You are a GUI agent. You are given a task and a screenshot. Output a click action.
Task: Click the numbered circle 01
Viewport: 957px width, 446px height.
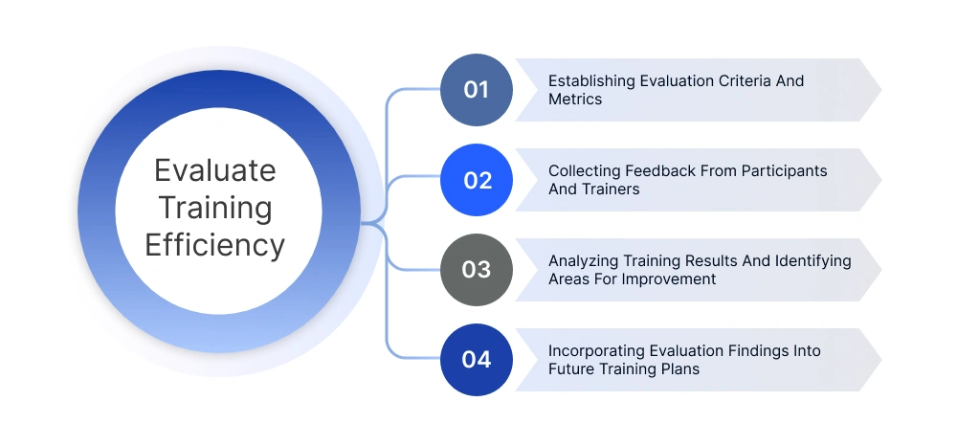477,90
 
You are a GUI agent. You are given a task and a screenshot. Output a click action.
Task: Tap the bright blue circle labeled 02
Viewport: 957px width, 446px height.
477,180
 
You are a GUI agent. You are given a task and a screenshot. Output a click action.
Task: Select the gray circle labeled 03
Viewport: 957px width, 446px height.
477,270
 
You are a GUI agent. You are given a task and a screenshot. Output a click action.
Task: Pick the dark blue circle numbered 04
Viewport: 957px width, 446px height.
477,360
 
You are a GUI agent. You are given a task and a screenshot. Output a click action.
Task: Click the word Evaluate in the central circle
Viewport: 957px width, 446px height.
214,170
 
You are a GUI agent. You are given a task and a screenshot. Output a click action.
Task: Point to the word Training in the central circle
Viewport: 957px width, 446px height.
214,208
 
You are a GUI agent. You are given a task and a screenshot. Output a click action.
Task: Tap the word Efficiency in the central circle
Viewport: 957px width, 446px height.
214,245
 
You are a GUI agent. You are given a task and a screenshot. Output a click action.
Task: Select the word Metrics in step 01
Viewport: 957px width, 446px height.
575,100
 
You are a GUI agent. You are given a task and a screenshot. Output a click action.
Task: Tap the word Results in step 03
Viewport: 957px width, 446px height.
704,261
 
